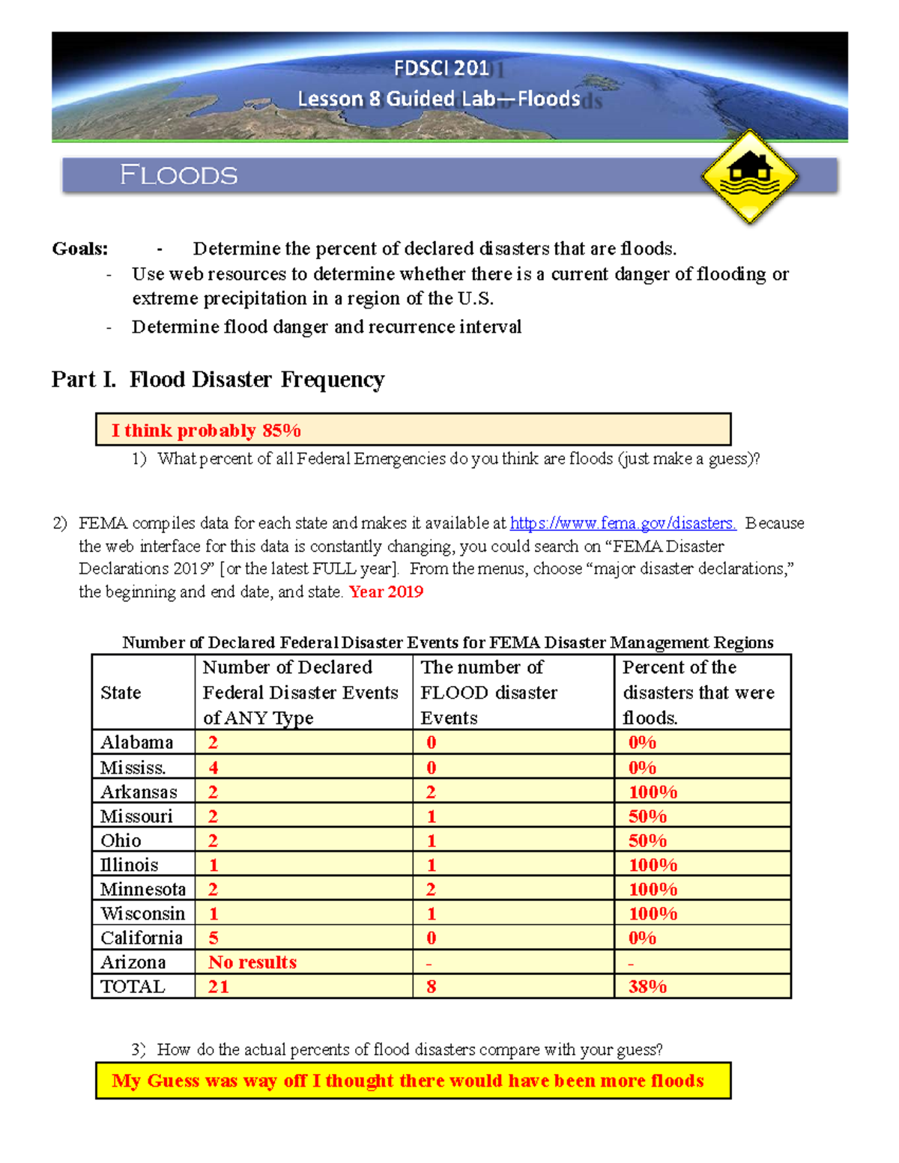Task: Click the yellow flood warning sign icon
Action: [750, 177]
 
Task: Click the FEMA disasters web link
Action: [623, 523]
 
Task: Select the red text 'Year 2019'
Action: [386, 592]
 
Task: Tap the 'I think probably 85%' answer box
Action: [413, 430]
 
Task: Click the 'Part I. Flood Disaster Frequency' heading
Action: [218, 380]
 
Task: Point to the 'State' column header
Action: [121, 693]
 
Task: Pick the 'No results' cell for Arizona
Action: [252, 962]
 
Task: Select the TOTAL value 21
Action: [219, 986]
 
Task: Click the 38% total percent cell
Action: [647, 986]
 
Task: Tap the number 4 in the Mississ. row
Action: [214, 768]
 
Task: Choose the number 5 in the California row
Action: [214, 938]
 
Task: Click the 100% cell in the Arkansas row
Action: [653, 792]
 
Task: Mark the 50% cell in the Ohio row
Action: [647, 840]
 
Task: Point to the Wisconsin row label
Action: [142, 914]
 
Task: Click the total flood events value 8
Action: [432, 986]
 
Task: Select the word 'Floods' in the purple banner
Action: [179, 175]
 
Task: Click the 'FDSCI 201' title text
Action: [441, 68]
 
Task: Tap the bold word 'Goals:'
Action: [80, 249]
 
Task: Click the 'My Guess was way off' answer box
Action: [413, 1081]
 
